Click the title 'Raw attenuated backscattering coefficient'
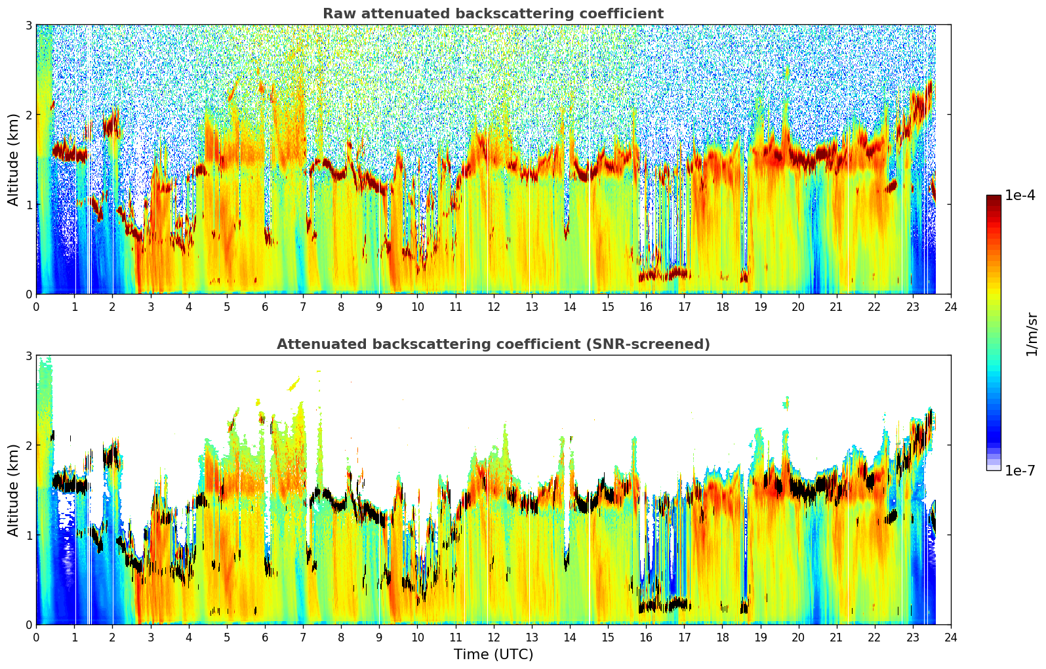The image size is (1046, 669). pyautogui.click(x=493, y=14)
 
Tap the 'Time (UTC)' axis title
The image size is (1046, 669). pyautogui.click(x=493, y=654)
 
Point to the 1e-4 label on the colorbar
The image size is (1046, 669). pyautogui.click(x=1020, y=195)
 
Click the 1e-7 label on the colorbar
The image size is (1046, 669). pyautogui.click(x=1020, y=470)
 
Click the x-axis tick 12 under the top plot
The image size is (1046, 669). pyautogui.click(x=494, y=306)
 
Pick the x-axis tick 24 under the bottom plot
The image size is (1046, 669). pyautogui.click(x=951, y=638)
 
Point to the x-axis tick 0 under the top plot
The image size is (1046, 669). pyautogui.click(x=37, y=306)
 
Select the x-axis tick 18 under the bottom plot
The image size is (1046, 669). pyautogui.click(x=723, y=638)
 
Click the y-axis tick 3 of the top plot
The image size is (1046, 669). pyautogui.click(x=28, y=25)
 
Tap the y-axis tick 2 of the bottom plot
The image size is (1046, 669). pyautogui.click(x=28, y=446)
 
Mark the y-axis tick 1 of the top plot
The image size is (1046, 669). pyautogui.click(x=28, y=205)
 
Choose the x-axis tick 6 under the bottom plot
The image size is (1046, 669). pyautogui.click(x=265, y=638)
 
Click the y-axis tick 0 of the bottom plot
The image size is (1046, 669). pyautogui.click(x=28, y=625)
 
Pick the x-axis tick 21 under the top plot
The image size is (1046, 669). pyautogui.click(x=836, y=306)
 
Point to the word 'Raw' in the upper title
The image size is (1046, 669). pyautogui.click(x=338, y=14)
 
